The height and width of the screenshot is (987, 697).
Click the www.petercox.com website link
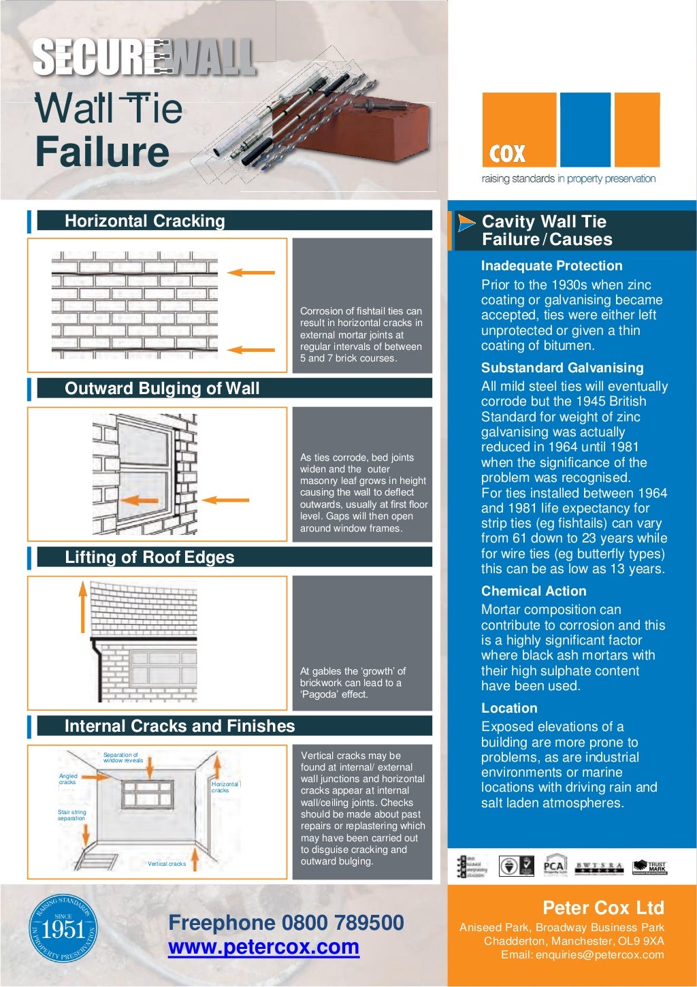point(263,947)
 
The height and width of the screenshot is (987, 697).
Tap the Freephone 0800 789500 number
point(286,922)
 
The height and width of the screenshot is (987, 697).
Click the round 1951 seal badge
point(63,928)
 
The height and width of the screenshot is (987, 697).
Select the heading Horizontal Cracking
point(144,221)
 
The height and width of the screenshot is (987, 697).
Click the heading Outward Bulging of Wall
point(162,389)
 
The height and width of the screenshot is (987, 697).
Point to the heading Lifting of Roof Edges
point(149,557)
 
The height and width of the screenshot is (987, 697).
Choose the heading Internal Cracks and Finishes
point(180,726)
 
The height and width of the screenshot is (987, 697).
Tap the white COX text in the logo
point(508,154)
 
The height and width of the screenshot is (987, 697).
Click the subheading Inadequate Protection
point(551,266)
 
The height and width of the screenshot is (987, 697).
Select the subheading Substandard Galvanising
point(562,368)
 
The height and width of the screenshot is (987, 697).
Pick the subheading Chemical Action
point(533,592)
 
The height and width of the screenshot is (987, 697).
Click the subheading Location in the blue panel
point(509,709)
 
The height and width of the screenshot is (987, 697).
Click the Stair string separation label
point(71,815)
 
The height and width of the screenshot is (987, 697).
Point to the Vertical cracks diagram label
point(167,864)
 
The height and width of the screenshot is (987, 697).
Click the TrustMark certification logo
point(650,867)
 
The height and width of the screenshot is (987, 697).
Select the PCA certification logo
point(555,866)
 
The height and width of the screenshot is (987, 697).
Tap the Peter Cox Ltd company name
point(602,908)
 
